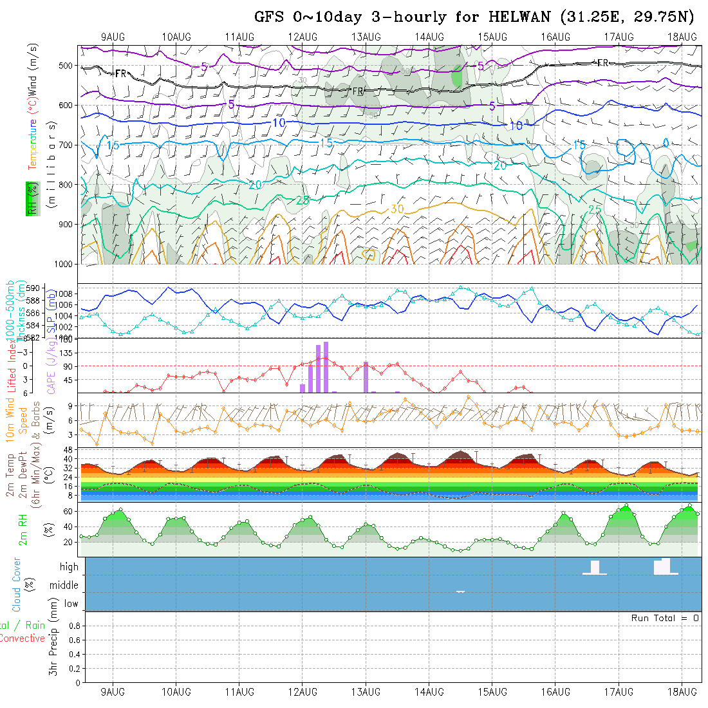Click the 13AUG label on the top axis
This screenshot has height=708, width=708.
366,37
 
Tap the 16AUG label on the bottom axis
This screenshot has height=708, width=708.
555,692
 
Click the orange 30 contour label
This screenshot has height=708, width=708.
397,209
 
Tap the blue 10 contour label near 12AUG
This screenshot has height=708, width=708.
279,123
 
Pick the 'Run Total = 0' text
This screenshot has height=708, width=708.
665,618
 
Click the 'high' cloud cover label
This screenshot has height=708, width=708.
69,567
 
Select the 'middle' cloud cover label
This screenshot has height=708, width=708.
64,585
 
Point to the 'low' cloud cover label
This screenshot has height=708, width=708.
71,604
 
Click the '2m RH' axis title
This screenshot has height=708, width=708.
23,529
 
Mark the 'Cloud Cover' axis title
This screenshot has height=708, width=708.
17,584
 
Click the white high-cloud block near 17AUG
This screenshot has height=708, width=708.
662,566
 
